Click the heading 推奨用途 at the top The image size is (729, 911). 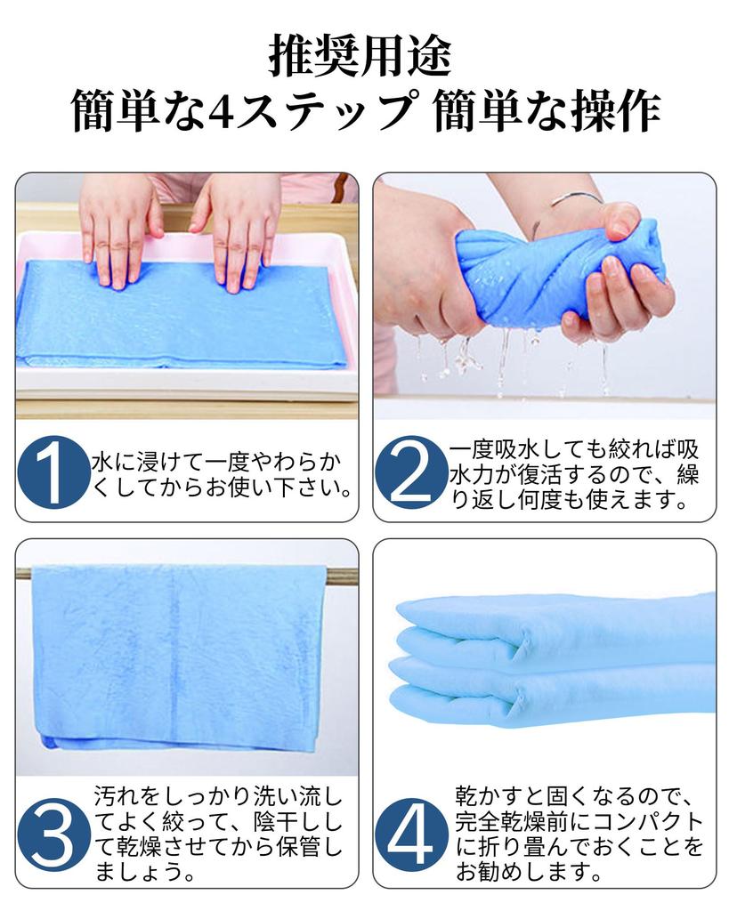point(360,56)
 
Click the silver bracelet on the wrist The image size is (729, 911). point(576,199)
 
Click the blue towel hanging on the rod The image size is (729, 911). point(177,657)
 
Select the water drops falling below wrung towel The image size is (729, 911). point(512,360)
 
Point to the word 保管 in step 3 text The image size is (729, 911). point(297,847)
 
